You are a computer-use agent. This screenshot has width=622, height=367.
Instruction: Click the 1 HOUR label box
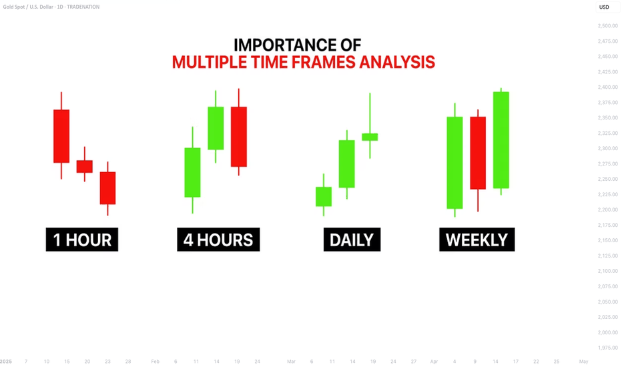click(82, 240)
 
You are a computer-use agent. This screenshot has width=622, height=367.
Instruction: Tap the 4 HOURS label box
click(218, 240)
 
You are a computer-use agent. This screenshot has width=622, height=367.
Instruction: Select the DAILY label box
click(352, 240)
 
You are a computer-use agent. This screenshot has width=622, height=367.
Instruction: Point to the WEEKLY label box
click(477, 240)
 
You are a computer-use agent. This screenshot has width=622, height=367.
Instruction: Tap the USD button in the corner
click(604, 7)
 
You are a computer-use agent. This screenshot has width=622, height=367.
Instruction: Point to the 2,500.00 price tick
click(608, 26)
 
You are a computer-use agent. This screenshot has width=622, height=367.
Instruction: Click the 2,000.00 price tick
click(608, 332)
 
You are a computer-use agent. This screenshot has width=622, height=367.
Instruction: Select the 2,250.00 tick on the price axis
click(608, 179)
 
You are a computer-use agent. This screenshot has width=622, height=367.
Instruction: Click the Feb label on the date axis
click(155, 362)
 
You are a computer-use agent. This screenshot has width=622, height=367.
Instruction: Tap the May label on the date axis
click(583, 362)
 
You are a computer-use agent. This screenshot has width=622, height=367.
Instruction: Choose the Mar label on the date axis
click(291, 362)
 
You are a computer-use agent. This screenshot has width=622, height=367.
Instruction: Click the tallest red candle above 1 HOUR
click(61, 135)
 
